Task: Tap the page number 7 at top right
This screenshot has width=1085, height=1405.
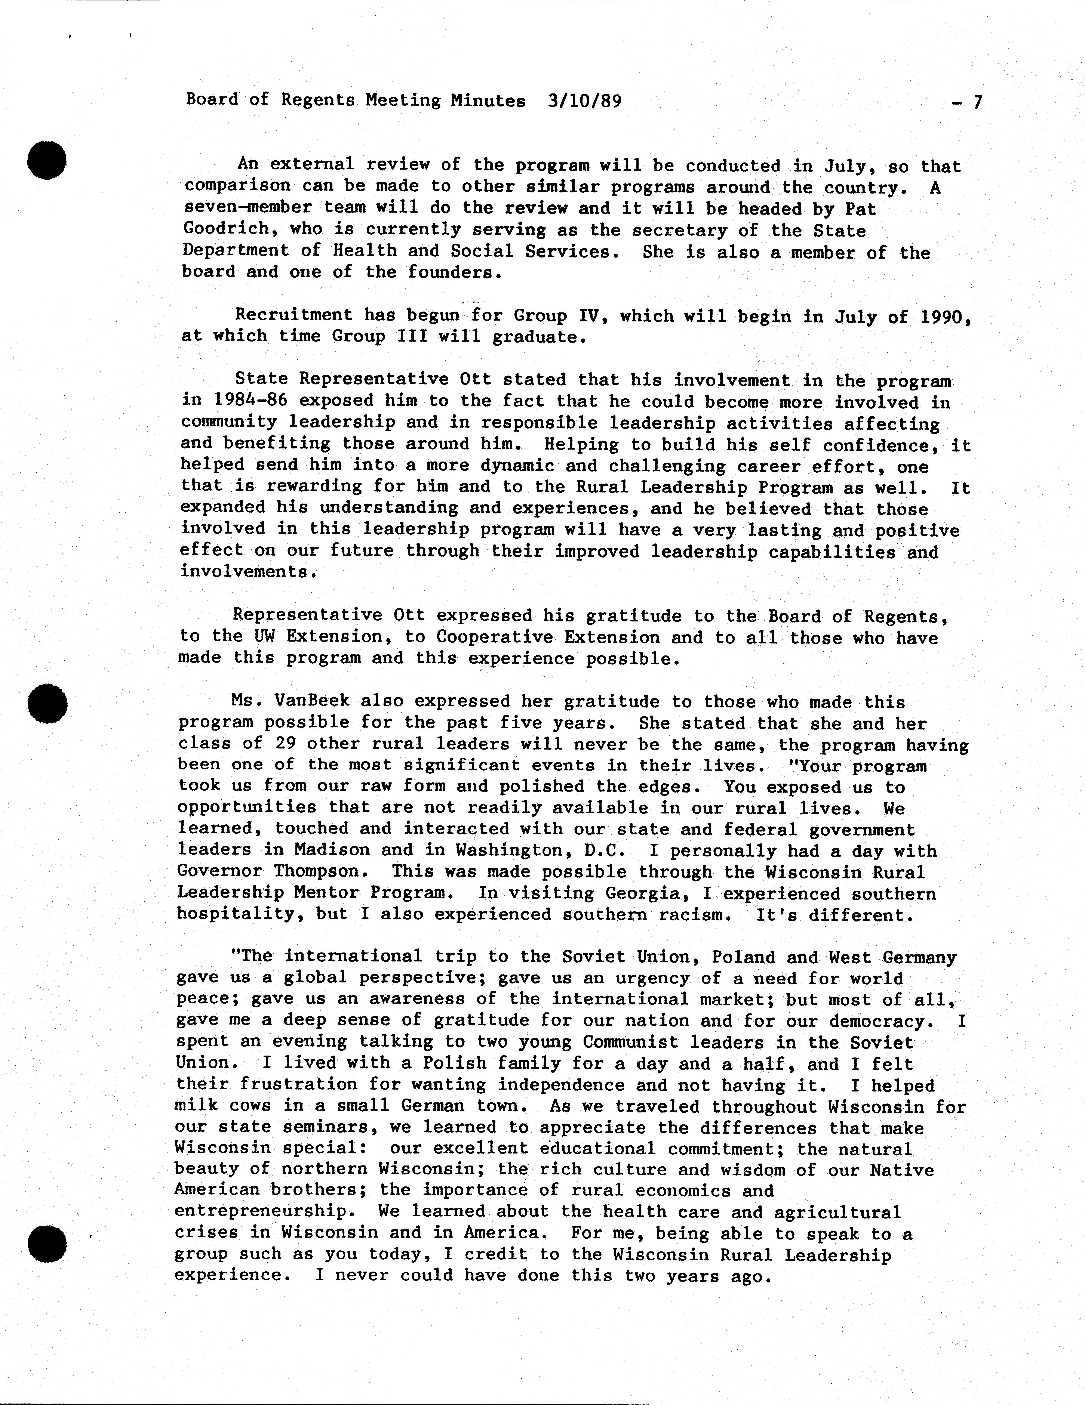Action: point(977,102)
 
